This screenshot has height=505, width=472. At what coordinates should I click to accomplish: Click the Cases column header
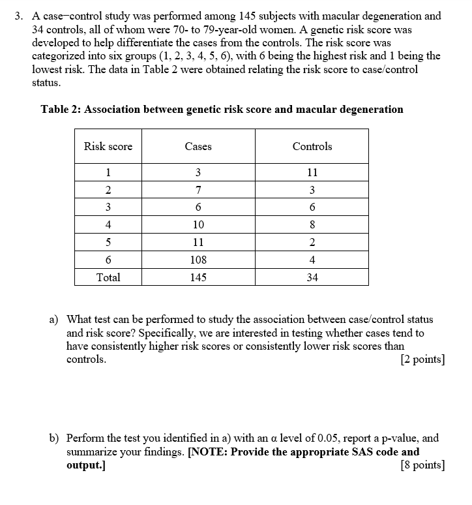click(198, 146)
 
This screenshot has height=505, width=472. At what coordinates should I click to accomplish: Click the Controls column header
click(312, 146)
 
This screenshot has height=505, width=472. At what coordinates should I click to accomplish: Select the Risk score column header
click(108, 146)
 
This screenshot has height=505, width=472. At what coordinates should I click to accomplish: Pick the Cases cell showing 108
click(198, 260)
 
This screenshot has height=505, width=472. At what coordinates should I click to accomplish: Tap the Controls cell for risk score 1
click(312, 173)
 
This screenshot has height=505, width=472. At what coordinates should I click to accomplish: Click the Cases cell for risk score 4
click(198, 225)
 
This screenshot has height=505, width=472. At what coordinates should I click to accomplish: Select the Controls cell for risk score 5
click(312, 242)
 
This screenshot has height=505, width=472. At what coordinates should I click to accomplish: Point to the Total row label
click(108, 277)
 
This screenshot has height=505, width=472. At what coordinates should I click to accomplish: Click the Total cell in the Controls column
click(312, 277)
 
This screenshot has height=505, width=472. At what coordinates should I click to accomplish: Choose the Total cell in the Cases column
click(198, 277)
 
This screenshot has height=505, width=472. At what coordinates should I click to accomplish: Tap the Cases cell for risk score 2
click(198, 191)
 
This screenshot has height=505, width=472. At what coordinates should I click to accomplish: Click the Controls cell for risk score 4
click(312, 225)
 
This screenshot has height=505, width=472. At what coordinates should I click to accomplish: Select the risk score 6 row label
click(108, 260)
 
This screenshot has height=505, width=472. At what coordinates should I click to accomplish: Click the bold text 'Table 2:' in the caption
click(61, 109)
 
